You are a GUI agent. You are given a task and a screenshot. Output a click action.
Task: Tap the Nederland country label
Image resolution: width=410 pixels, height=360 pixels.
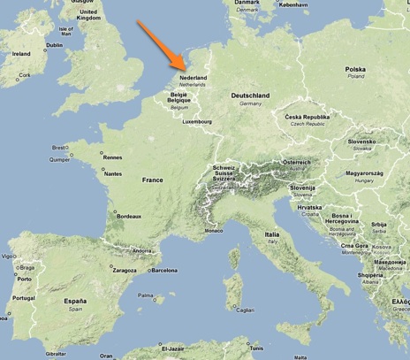click(193, 78)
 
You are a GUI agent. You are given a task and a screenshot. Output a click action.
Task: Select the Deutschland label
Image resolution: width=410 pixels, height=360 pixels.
click(250, 96)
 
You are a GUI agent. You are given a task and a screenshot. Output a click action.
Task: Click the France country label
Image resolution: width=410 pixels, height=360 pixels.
click(153, 180)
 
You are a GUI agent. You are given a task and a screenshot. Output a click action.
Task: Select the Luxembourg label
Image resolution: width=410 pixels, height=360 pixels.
click(198, 122)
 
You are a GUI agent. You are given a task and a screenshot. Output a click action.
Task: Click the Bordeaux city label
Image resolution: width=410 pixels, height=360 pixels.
click(129, 216)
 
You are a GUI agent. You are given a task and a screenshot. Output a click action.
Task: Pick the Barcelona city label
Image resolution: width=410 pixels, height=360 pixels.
click(164, 271)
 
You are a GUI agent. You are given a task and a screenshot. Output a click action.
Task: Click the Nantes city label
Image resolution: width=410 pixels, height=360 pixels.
click(113, 173)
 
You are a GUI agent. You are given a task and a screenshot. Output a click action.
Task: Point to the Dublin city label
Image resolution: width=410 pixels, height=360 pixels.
click(55, 44)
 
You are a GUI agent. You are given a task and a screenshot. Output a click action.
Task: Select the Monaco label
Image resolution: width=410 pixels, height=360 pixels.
click(214, 231)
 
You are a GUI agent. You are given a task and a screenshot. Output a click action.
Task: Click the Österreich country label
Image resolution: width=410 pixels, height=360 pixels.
click(296, 163)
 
